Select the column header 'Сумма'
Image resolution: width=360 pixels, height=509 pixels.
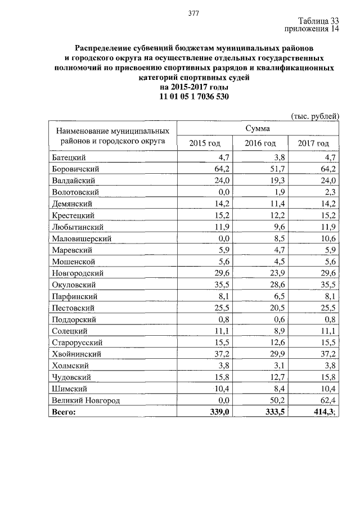[x=258, y=129]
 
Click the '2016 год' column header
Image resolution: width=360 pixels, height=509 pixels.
[x=260, y=143]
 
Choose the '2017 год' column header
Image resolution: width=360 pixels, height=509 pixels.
[x=313, y=143]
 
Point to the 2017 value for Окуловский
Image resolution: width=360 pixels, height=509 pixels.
[x=327, y=285]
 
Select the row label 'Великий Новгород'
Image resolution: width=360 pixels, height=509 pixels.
[x=85, y=400]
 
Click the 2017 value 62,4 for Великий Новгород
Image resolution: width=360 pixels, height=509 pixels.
[x=327, y=400]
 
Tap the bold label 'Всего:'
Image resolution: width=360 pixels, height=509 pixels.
[x=63, y=412]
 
